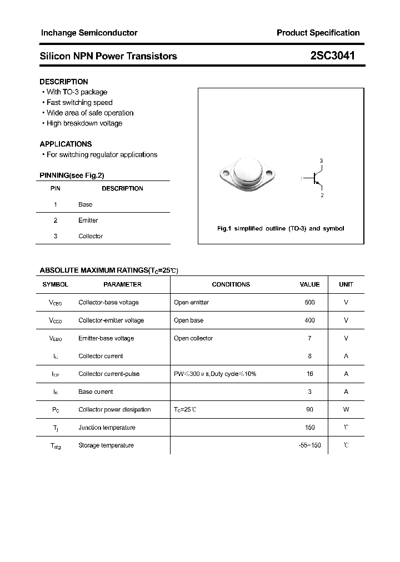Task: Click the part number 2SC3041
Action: click(333, 56)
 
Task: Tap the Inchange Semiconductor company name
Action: click(89, 33)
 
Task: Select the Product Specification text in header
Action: click(318, 33)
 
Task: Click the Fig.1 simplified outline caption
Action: click(280, 229)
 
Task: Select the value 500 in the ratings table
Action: click(309, 303)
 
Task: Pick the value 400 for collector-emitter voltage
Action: click(309, 320)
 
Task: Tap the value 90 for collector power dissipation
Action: click(309, 410)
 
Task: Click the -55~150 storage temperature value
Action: click(309, 445)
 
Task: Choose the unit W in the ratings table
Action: click(346, 410)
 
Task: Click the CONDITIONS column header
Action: click(231, 284)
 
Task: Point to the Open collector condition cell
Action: click(193, 338)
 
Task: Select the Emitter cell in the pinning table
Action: click(88, 220)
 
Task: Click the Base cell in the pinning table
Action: click(85, 204)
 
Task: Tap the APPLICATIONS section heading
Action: click(66, 144)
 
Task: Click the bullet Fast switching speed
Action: click(79, 103)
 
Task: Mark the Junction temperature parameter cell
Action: click(107, 428)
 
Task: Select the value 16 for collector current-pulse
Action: click(309, 374)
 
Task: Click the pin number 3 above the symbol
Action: click(321, 160)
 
